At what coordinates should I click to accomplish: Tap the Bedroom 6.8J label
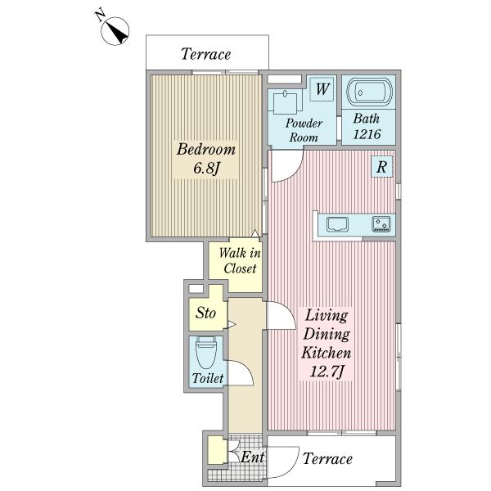205,159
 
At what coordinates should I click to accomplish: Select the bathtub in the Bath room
370,92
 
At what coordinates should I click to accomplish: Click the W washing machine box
322,89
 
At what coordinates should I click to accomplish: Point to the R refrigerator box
381,167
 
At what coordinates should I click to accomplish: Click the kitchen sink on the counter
337,224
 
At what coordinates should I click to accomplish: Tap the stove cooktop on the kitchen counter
381,224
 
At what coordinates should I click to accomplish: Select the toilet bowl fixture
206,353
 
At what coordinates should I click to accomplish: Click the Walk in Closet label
240,260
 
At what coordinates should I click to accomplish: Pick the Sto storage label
205,313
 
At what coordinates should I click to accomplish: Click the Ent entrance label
252,457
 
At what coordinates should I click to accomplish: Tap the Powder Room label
304,130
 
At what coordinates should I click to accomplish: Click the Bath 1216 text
367,126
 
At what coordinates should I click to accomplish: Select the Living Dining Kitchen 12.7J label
326,344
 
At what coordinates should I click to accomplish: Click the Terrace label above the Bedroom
205,54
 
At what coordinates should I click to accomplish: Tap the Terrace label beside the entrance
327,459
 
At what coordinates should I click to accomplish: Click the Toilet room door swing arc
245,370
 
